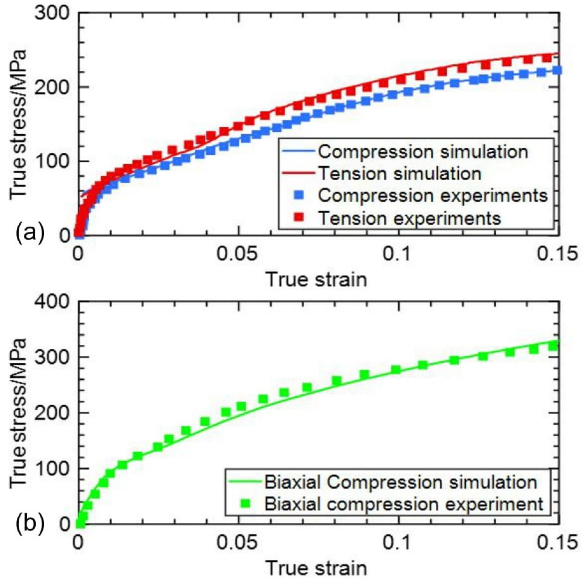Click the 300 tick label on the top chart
[53, 13]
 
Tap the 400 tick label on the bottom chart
[53, 302]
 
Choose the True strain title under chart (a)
[316, 279]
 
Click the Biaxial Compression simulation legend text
[401, 482]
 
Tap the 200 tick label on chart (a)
[53, 87]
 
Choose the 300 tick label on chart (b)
[53, 357]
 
